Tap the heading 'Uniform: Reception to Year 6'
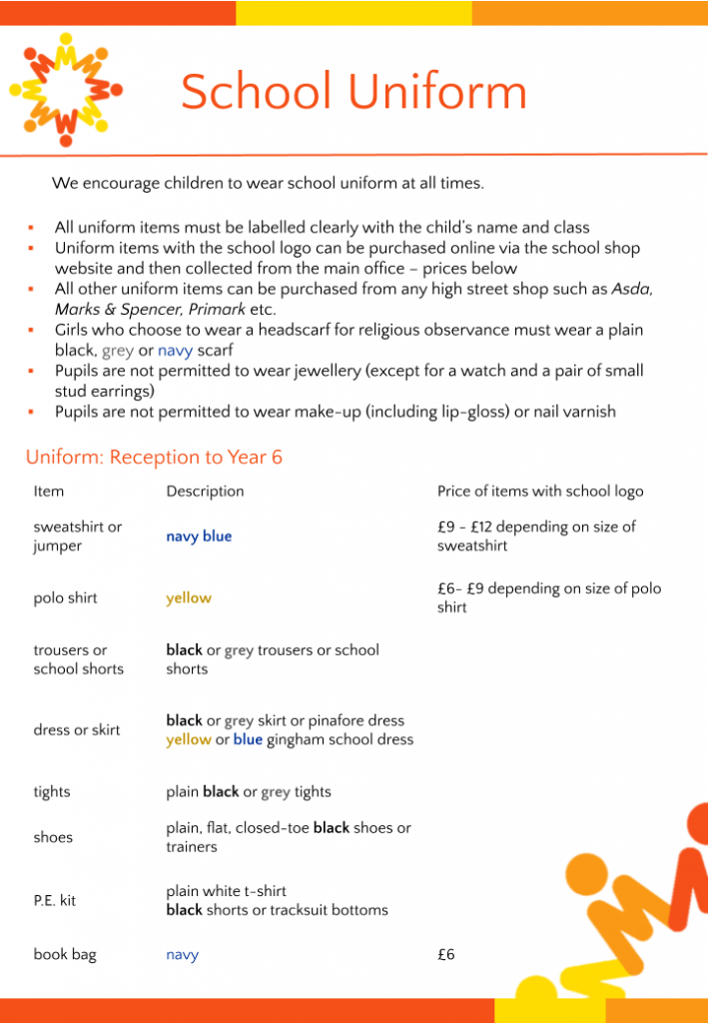click(154, 458)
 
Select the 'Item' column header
click(48, 491)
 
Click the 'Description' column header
click(205, 491)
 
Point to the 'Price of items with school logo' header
click(540, 491)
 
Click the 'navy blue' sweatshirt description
click(199, 536)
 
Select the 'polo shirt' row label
click(66, 598)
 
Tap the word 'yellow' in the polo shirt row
click(189, 598)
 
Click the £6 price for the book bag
click(446, 954)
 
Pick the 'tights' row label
click(52, 792)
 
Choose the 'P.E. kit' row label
click(54, 900)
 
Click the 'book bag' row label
click(65, 954)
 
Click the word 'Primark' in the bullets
click(214, 309)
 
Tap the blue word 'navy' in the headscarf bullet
click(175, 351)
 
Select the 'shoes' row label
click(53, 837)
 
